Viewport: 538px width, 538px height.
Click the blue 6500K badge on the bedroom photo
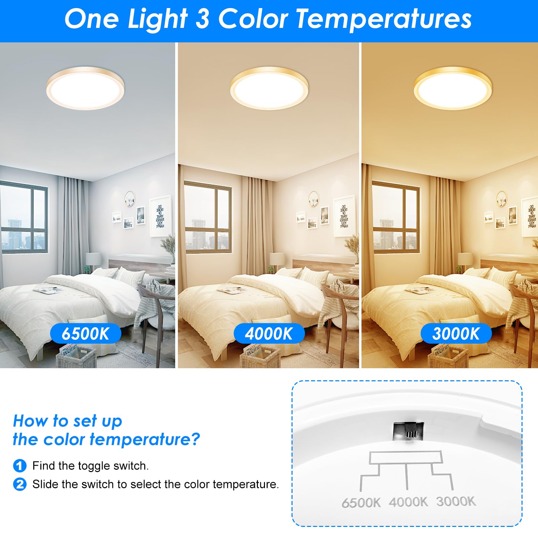pos(85,334)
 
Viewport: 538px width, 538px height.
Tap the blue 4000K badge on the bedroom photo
pos(269,334)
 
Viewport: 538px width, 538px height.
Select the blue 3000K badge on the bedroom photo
pos(456,334)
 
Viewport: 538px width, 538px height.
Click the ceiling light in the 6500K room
pos(85,88)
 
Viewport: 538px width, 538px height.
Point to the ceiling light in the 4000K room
pos(269,88)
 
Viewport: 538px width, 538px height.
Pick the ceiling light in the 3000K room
pos(453,88)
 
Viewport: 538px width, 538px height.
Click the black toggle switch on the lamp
pos(406,431)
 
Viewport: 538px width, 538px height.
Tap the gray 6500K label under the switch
pos(361,503)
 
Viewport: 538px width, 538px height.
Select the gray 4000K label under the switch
pos(408,502)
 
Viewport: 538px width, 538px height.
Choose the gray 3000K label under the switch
pos(456,501)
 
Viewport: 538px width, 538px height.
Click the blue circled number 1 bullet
pos(20,466)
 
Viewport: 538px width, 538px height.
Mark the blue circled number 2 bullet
pos(20,484)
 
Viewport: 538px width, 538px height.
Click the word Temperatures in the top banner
pos(384,19)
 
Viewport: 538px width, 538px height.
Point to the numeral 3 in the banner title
pos(202,19)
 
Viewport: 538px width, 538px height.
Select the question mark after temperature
pos(195,439)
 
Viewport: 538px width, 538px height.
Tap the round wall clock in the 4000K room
pos(313,199)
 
